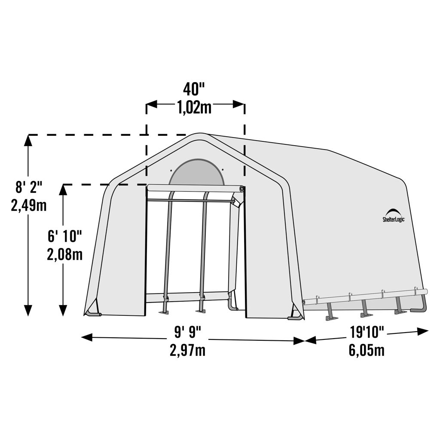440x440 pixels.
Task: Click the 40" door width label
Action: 194,89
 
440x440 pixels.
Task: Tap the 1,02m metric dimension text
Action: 194,108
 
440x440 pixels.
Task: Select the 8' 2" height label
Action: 29,187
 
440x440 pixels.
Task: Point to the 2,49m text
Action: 29,205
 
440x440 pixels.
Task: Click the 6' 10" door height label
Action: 64,236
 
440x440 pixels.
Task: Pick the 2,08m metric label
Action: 64,254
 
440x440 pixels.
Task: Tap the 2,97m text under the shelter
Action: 188,350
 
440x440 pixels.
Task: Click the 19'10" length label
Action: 367,332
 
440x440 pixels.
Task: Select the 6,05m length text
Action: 367,350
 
